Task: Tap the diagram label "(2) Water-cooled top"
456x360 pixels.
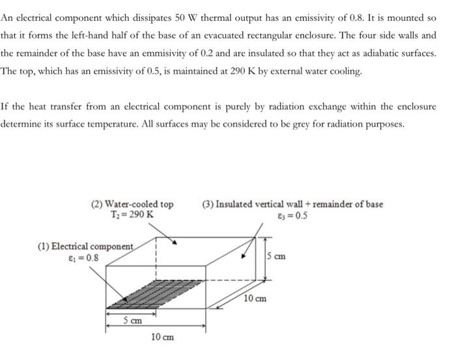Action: tap(132, 204)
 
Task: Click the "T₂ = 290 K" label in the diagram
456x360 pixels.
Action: tap(132, 214)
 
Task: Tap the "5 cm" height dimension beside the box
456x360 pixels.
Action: tap(276, 256)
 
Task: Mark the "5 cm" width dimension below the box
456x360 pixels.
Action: tap(134, 320)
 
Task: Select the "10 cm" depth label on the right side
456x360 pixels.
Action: tap(255, 299)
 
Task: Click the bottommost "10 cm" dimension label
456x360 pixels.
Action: tap(162, 337)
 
